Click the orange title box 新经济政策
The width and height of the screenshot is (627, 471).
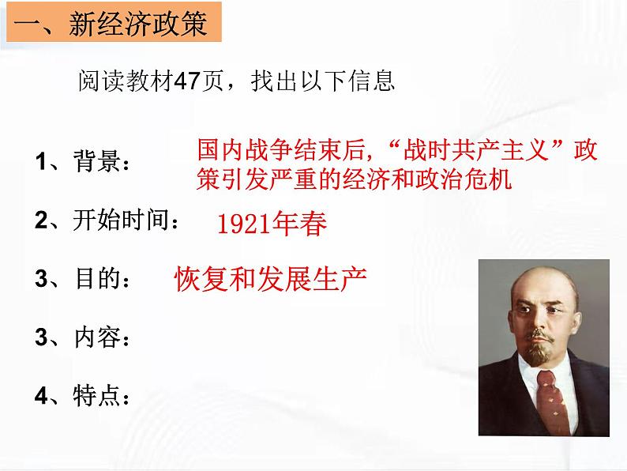pos(111,24)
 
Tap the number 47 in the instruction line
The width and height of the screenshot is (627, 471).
pos(187,81)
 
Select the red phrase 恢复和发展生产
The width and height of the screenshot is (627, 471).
pos(271,279)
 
